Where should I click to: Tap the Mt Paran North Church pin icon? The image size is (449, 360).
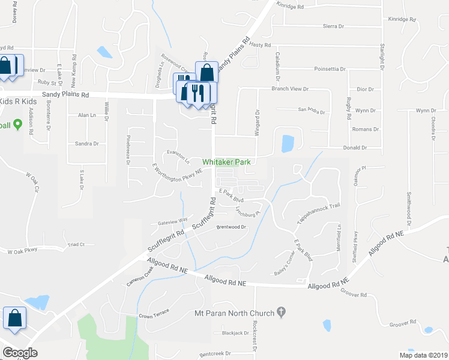281,313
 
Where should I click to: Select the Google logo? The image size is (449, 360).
20,353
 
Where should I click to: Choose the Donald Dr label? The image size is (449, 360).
354,148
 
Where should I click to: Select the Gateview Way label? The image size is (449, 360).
173,222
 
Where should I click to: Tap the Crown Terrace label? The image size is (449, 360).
154,314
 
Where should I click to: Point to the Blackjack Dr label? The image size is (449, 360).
235,333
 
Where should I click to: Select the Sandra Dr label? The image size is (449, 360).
86,144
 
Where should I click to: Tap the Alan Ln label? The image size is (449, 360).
87,115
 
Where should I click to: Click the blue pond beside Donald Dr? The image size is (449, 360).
288,143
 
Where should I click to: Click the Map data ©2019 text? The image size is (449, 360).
423,355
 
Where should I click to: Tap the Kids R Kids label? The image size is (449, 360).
18,102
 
